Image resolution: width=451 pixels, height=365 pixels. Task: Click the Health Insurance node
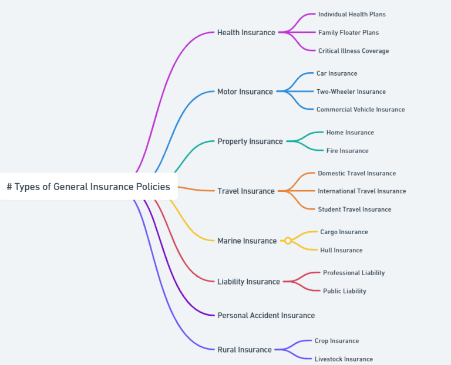(x=246, y=33)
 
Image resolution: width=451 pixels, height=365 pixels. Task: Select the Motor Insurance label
(x=245, y=92)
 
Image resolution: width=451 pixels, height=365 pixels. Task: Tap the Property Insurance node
(x=250, y=141)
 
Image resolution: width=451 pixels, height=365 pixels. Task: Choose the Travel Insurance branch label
(x=245, y=191)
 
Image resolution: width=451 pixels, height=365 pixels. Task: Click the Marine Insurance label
(x=247, y=241)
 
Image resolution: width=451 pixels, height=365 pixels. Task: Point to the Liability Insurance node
(x=248, y=282)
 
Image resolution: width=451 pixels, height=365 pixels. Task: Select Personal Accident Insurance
(x=266, y=316)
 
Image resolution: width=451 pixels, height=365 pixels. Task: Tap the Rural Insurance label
(x=244, y=350)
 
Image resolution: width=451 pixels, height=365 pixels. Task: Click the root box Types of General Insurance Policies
(x=88, y=187)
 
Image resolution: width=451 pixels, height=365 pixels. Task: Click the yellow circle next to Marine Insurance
(x=288, y=241)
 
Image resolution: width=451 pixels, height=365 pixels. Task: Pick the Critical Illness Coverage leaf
(x=353, y=51)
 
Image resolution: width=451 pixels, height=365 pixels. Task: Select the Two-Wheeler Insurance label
(x=351, y=92)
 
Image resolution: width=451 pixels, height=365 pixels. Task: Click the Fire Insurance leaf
(x=347, y=151)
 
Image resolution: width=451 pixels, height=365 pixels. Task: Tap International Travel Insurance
(x=362, y=191)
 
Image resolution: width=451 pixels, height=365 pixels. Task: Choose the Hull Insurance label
(x=341, y=251)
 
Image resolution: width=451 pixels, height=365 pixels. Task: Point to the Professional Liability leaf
(x=354, y=273)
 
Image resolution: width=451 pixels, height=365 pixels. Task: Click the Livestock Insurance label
(x=344, y=359)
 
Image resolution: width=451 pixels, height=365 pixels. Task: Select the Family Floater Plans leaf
(x=348, y=33)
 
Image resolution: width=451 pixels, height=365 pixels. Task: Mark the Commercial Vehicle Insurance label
(x=361, y=110)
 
